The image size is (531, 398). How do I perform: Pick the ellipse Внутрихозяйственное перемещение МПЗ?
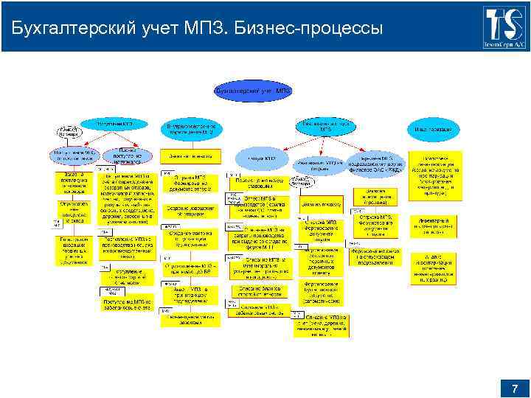(x=192, y=130)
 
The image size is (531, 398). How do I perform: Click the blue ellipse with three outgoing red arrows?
(x=325, y=126)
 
